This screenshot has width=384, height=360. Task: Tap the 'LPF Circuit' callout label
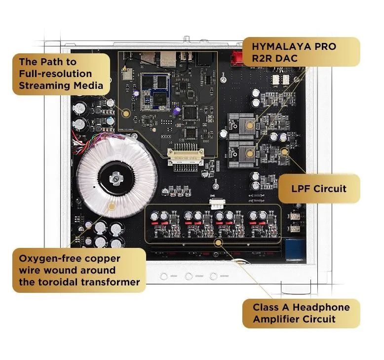point(319,189)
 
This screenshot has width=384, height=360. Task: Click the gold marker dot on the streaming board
point(126,113)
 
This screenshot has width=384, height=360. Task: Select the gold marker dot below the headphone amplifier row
point(218,241)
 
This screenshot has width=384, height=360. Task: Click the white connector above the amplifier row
point(216,200)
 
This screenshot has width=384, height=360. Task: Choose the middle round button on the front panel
point(189,276)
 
